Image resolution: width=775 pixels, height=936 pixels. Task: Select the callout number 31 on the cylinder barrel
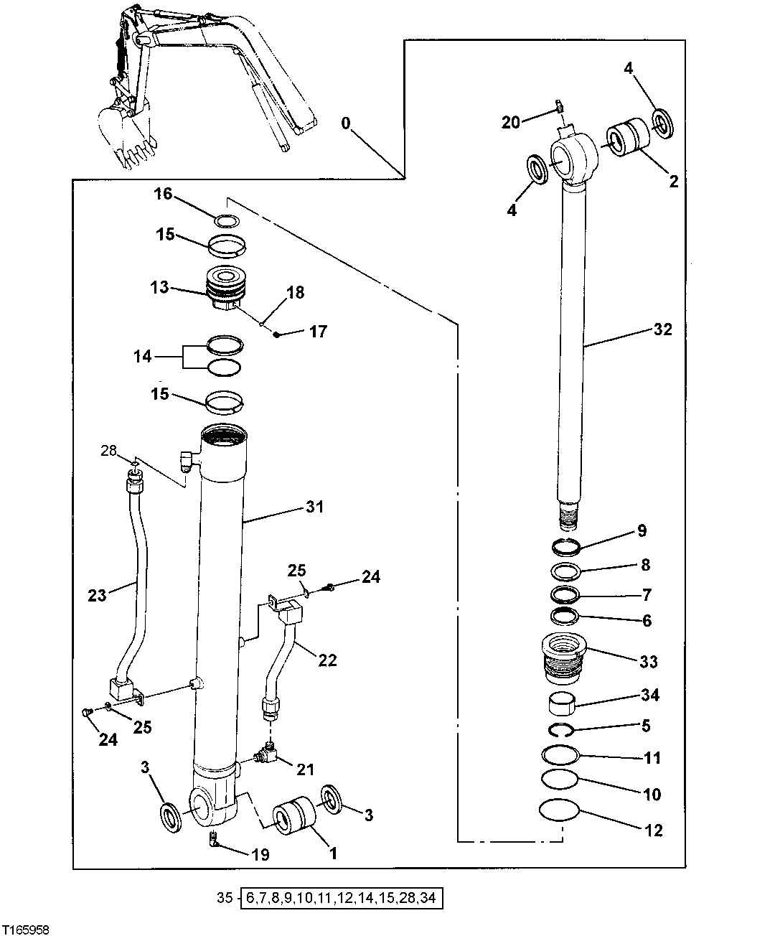point(314,507)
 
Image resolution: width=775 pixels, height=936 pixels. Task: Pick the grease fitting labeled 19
point(213,840)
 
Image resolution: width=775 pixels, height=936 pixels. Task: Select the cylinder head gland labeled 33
point(564,655)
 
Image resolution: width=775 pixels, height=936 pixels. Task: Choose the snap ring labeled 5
point(563,731)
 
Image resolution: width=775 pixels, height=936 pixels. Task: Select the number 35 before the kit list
point(225,897)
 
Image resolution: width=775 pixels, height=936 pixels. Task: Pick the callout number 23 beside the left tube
point(97,595)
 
